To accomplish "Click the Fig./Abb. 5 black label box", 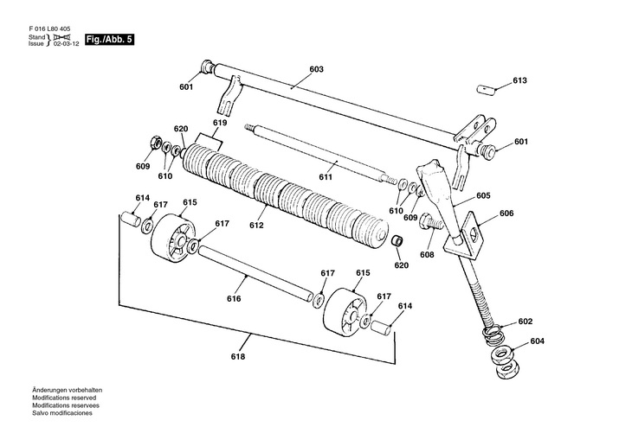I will [108, 41].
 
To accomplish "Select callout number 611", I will [326, 176].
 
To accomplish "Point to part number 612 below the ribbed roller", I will [256, 225].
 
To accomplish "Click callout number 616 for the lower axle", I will [234, 298].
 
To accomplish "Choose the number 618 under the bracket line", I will [238, 357].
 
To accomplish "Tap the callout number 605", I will [483, 195].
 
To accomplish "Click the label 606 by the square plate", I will [507, 213].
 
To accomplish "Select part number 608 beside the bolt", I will [426, 255].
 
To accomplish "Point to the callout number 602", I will [526, 321].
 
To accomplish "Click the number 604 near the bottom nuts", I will [538, 341].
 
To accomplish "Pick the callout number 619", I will [220, 123].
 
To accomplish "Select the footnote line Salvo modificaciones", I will [62, 412].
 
